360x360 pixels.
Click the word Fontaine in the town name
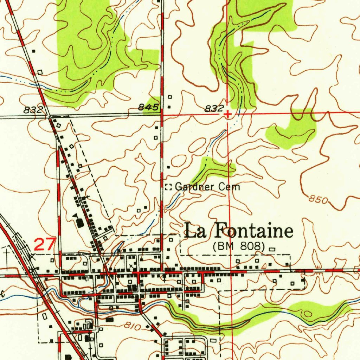253,231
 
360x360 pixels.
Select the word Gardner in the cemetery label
194,187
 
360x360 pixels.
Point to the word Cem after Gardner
229,187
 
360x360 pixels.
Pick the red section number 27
45,244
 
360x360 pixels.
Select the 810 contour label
133,327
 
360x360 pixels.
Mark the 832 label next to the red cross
214,109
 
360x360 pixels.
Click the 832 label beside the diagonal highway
33,110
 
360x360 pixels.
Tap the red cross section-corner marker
228,114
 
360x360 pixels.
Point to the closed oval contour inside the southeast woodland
308,314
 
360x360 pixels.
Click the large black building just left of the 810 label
110,320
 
